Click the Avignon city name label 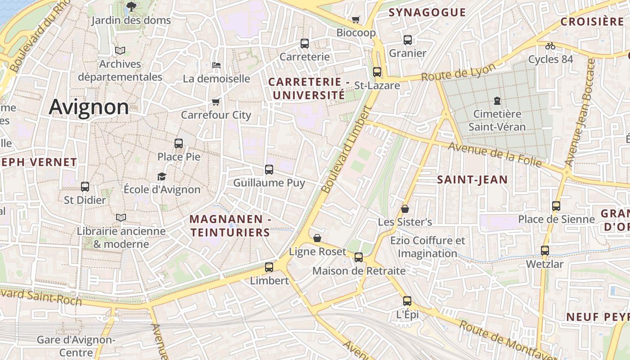pyautogui.click(x=89, y=107)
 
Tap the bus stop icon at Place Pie pyautogui.click(x=179, y=144)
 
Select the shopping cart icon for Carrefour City pyautogui.click(x=216, y=102)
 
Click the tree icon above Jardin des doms pyautogui.click(x=131, y=6)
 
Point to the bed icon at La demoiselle pyautogui.click(x=216, y=65)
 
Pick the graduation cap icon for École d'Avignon pyautogui.click(x=162, y=176)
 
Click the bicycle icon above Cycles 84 pyautogui.click(x=550, y=45)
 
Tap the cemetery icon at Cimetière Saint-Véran pyautogui.click(x=497, y=100)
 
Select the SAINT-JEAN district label pyautogui.click(x=472, y=180)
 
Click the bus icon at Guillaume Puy pyautogui.click(x=269, y=170)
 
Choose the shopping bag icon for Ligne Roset pyautogui.click(x=317, y=238)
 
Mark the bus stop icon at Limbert pyautogui.click(x=269, y=267)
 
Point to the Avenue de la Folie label pyautogui.click(x=494, y=154)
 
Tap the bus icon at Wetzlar pyautogui.click(x=545, y=251)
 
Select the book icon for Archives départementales pyautogui.click(x=120, y=50)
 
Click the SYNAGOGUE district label pyautogui.click(x=427, y=13)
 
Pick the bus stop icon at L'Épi pyautogui.click(x=407, y=301)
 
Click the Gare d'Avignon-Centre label pyautogui.click(x=76, y=346)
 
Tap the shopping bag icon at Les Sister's pyautogui.click(x=405, y=209)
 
